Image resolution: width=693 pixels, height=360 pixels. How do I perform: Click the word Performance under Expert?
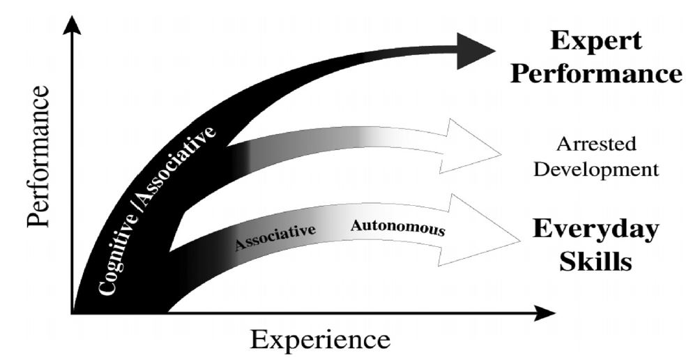[596, 73]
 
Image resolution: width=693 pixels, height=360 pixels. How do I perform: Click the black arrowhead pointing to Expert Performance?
[474, 51]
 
